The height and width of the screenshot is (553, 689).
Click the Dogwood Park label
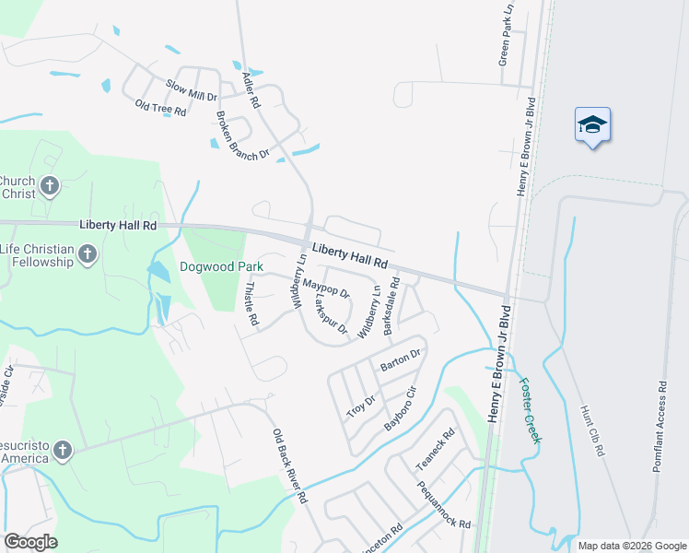[x=222, y=267]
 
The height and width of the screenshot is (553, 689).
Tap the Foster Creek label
[x=528, y=411]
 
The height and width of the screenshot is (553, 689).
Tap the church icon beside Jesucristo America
[x=62, y=450]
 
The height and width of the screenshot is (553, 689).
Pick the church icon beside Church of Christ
[x=51, y=186]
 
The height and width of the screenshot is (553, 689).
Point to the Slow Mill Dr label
[x=191, y=89]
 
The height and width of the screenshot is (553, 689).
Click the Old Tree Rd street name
[x=160, y=107]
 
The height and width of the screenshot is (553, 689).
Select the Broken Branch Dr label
[x=241, y=135]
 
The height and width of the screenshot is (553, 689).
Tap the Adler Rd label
[x=248, y=88]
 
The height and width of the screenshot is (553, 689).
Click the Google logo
[x=30, y=542]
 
